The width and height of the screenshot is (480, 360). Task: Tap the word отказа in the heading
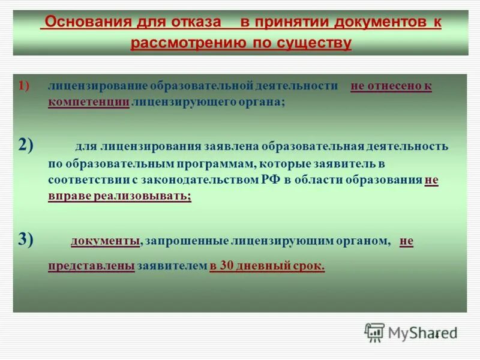click(196, 23)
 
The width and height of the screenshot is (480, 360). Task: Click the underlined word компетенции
click(88, 103)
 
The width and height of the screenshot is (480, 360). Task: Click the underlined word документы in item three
click(106, 241)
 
